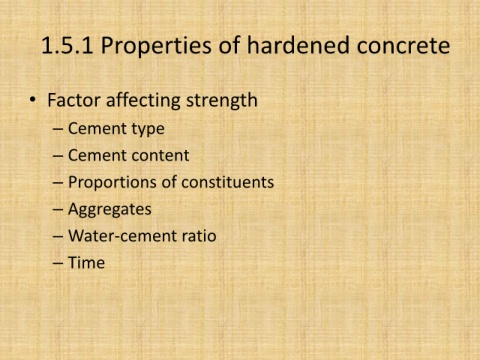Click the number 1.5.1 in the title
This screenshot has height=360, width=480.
tap(67, 45)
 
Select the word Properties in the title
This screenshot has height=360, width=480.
tap(156, 46)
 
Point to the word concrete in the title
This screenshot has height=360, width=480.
tap(403, 46)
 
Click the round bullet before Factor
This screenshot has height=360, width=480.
tap(32, 100)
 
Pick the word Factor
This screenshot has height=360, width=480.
tap(74, 100)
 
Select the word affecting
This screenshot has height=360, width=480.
tap(143, 100)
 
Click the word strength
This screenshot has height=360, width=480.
tap(222, 100)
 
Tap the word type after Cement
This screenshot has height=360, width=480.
tap(148, 129)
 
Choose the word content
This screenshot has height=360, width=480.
tap(163, 156)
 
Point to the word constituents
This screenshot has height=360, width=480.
tap(228, 182)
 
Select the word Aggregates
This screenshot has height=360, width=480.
tap(110, 210)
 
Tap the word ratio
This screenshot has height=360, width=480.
tap(199, 236)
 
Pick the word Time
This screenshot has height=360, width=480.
tap(86, 263)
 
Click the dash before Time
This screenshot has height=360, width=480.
tap(58, 263)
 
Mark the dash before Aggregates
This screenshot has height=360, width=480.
tap(58, 210)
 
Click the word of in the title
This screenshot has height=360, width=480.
tap(229, 45)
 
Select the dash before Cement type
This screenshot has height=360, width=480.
tap(58, 129)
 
